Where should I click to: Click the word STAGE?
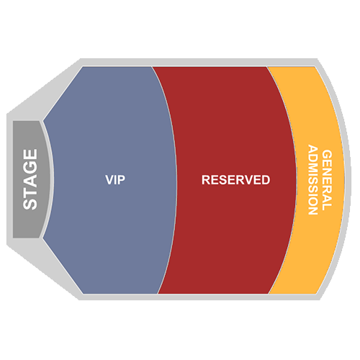(30, 179)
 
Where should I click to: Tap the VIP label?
(115, 180)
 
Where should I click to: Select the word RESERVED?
(236, 180)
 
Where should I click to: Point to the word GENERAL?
(327, 180)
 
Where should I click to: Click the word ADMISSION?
(313, 180)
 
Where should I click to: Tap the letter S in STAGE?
(30, 204)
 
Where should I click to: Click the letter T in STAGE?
(30, 192)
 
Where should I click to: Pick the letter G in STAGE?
(30, 167)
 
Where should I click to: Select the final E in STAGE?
(30, 154)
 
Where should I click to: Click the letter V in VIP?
(109, 180)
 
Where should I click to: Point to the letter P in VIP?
(122, 180)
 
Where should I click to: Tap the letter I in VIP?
(116, 180)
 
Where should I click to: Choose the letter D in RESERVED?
(266, 180)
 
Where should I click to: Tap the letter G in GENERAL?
(327, 155)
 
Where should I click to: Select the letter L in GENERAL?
(327, 207)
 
